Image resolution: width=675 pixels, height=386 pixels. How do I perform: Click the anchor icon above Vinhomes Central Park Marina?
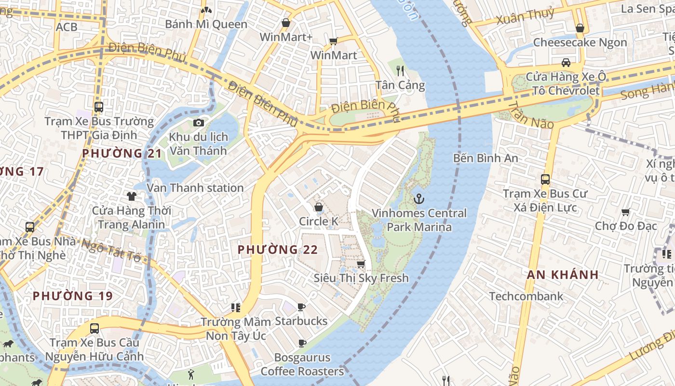tap(419, 198)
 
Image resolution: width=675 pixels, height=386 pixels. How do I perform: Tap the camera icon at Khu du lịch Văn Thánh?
tap(199, 123)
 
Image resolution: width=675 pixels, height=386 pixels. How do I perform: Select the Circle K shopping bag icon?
tap(319, 207)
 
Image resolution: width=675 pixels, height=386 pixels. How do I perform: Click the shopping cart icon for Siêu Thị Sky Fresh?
tap(361, 263)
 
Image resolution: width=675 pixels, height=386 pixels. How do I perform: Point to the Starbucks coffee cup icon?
tap(301, 307)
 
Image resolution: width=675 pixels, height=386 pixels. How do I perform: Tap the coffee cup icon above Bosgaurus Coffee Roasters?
tap(302, 343)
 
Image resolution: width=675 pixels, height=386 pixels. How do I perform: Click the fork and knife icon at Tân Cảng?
tap(400, 71)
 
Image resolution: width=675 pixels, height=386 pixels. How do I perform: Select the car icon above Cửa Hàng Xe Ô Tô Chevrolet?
tap(566, 62)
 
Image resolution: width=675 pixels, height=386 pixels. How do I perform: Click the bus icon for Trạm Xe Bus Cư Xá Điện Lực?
tap(545, 179)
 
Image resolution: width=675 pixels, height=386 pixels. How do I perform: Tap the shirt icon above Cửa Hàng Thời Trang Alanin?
tap(132, 196)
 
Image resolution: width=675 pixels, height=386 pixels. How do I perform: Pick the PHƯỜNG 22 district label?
tap(278, 249)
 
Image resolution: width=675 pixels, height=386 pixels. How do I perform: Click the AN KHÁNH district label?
tap(563, 275)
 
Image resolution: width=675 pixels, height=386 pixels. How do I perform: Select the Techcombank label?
tap(526, 296)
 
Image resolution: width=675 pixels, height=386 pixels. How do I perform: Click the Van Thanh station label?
tap(195, 188)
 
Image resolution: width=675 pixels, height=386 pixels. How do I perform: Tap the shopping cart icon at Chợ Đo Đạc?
tap(626, 212)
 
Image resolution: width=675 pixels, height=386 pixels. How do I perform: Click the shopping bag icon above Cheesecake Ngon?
tap(580, 28)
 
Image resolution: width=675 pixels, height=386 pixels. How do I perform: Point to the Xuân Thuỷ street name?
tap(525, 16)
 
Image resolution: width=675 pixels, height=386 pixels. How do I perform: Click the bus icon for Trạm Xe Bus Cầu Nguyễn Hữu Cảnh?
tap(94, 329)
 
